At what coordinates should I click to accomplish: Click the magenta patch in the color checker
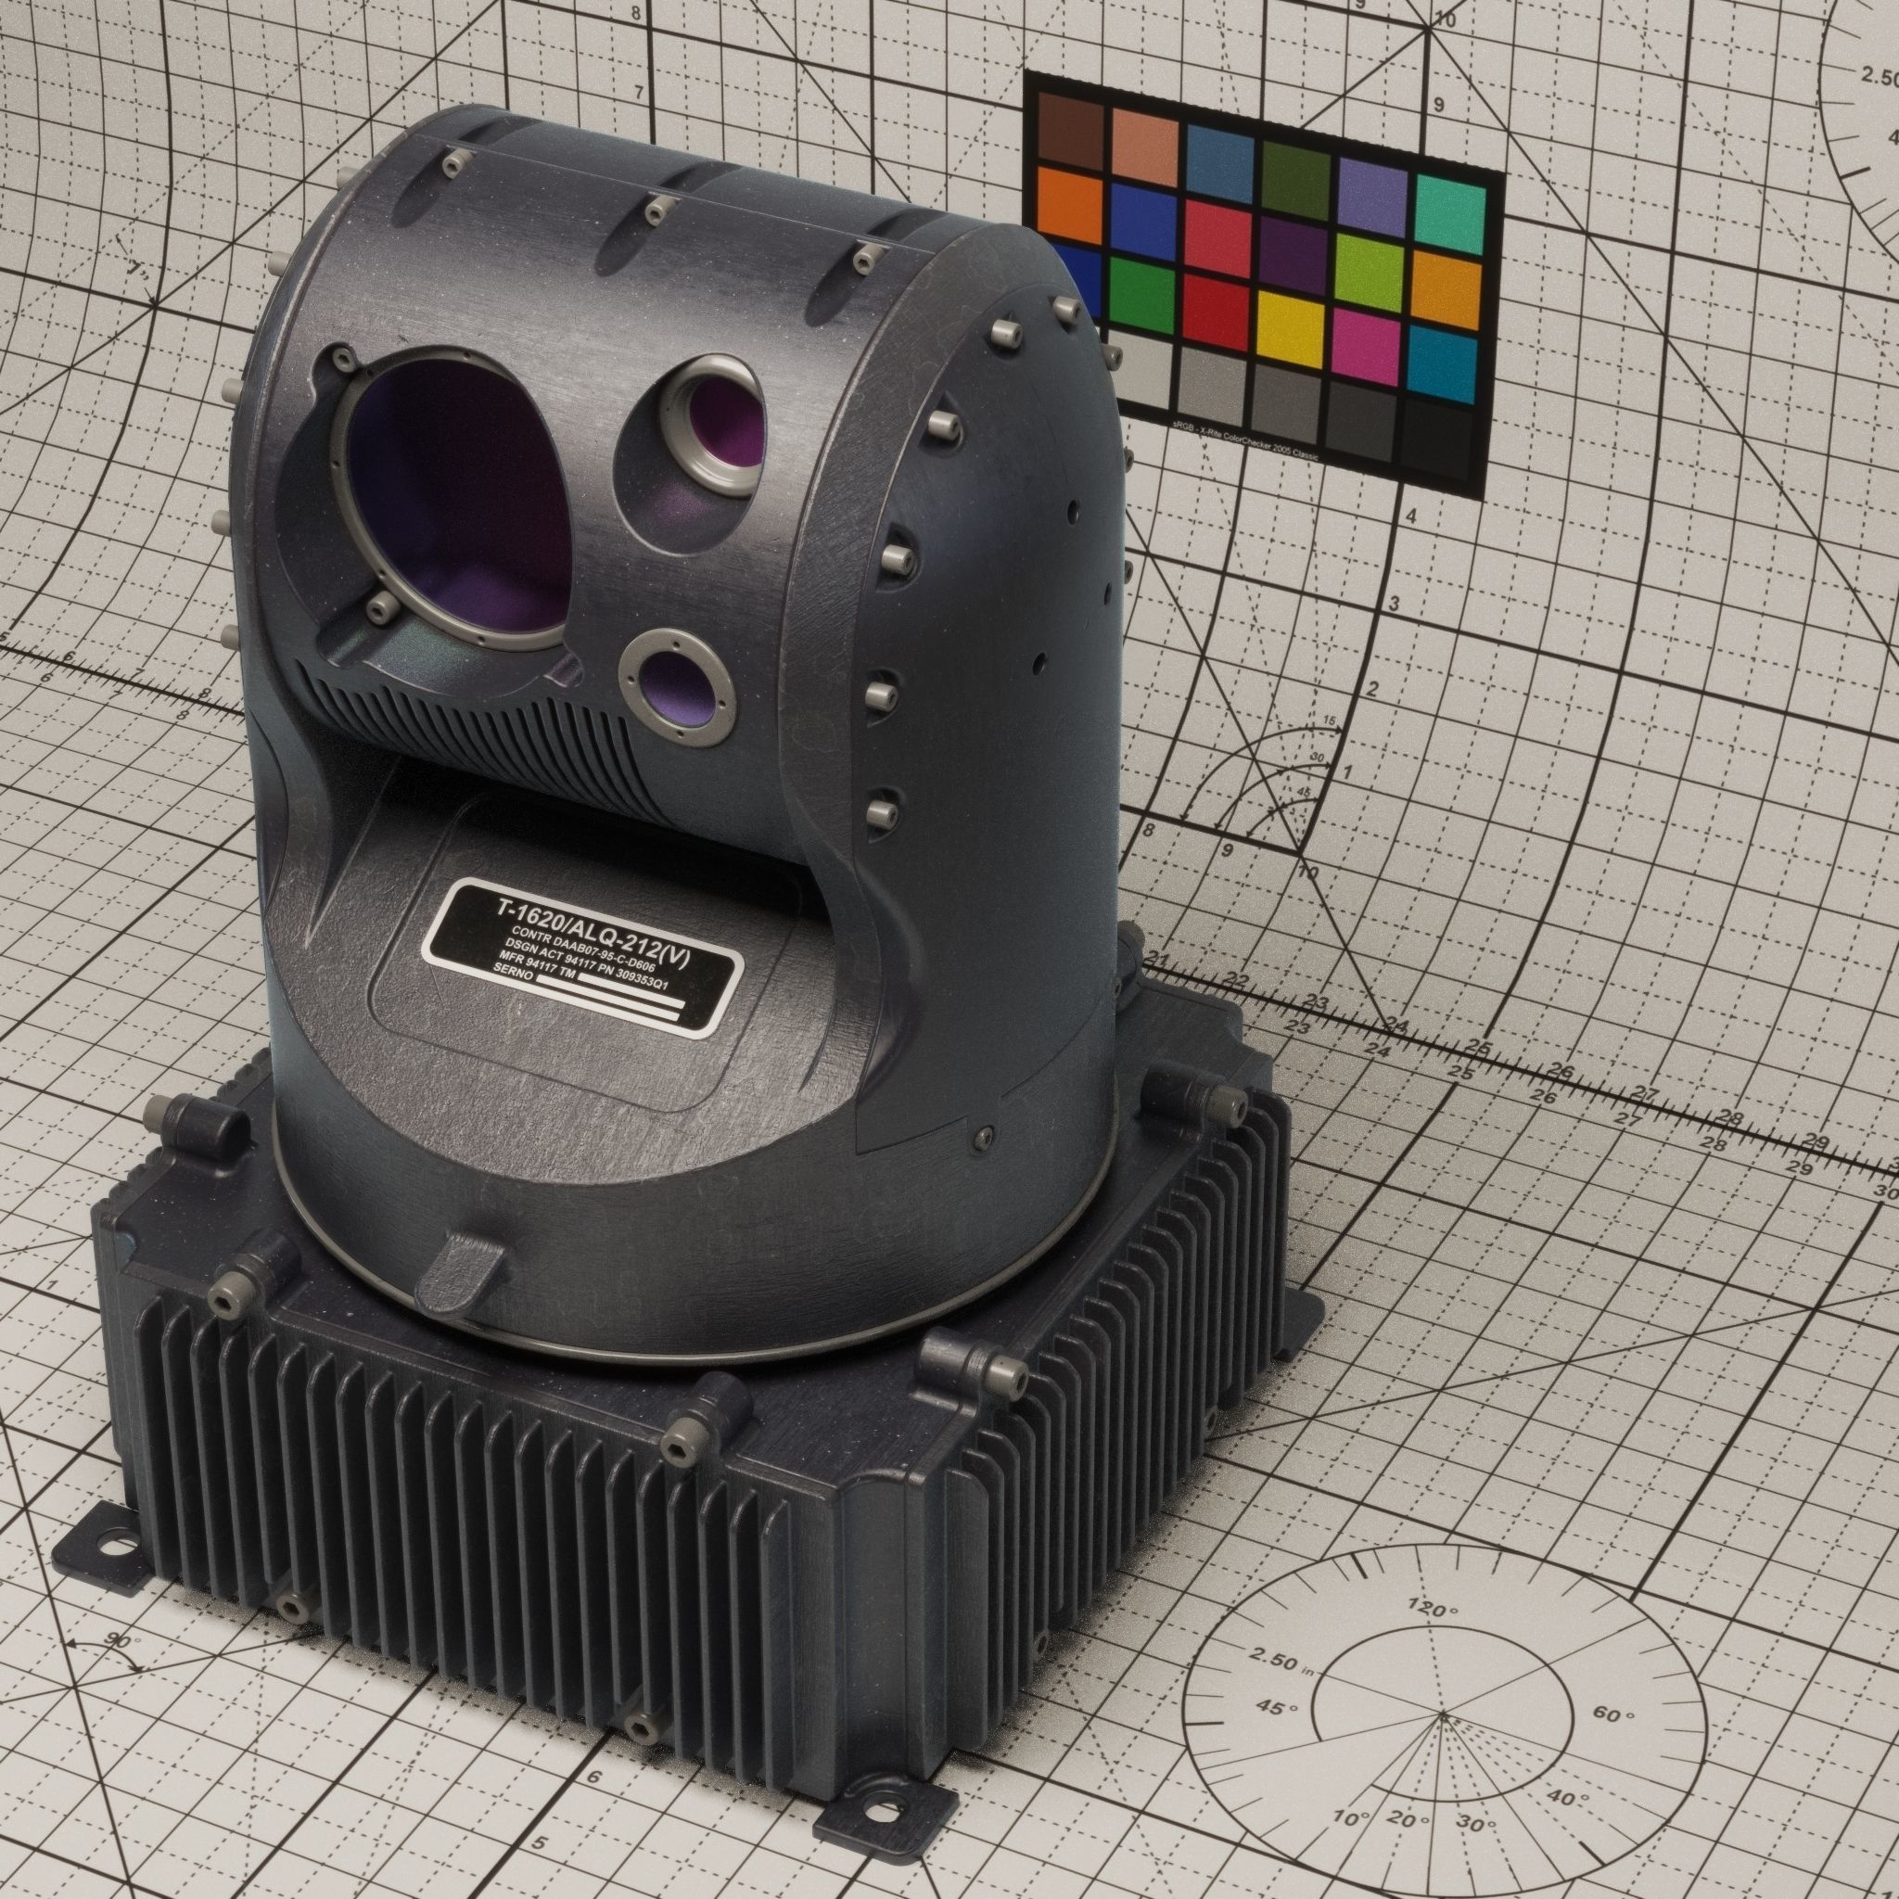click(1365, 338)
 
